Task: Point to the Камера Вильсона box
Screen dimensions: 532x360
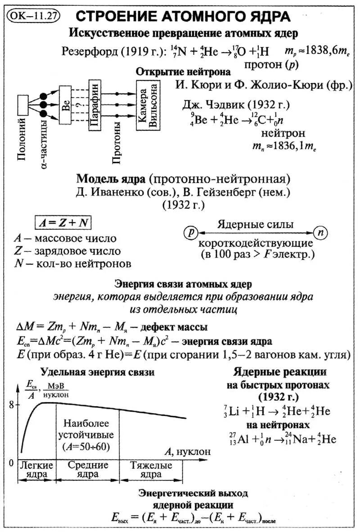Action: click(148, 106)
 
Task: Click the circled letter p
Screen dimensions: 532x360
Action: click(191, 232)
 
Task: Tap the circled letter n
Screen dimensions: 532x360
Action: click(320, 232)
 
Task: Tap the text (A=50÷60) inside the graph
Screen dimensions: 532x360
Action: click(88, 447)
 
